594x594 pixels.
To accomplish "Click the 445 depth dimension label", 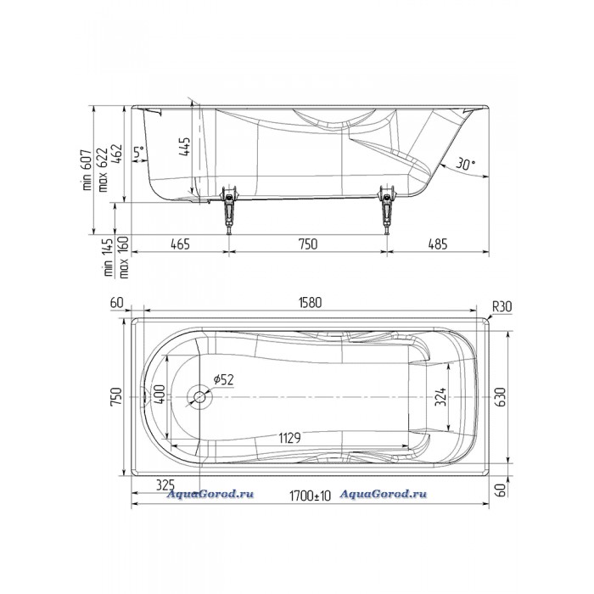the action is pyautogui.click(x=185, y=147).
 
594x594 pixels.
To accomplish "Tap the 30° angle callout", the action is pyautogui.click(x=465, y=164).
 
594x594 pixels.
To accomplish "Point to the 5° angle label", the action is pyautogui.click(x=139, y=153).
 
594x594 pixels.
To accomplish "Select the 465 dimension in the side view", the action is pyautogui.click(x=180, y=244).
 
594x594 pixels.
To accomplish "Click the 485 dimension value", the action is pyautogui.click(x=438, y=244).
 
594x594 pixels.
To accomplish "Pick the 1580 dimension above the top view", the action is pyautogui.click(x=310, y=302).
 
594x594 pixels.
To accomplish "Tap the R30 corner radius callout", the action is pyautogui.click(x=502, y=306).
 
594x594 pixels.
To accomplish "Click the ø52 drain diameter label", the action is pyautogui.click(x=223, y=379).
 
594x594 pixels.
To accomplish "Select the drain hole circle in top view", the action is pyautogui.click(x=199, y=396).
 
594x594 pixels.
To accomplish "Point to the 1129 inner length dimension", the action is pyautogui.click(x=290, y=439).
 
